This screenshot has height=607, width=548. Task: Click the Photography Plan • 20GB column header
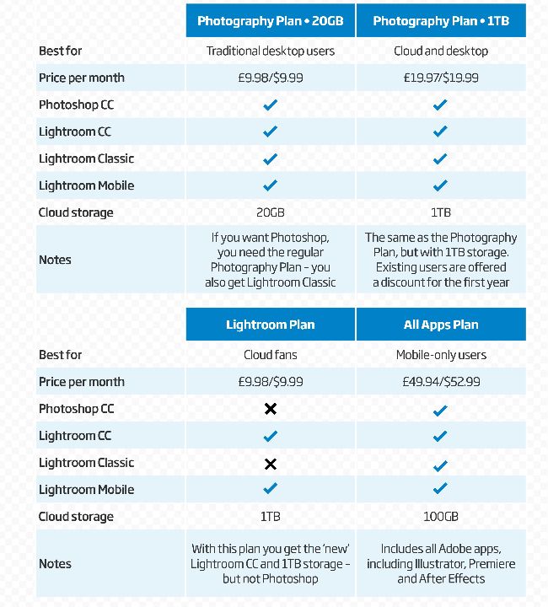[x=271, y=21]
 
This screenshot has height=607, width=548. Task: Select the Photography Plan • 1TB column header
[x=441, y=21]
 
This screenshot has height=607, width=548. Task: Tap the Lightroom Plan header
[x=271, y=325]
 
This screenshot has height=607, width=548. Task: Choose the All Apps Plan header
[x=441, y=325]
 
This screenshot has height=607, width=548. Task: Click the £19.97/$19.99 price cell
[x=441, y=78]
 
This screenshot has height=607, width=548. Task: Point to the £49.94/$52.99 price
[x=441, y=382]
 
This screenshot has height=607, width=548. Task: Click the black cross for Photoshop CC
[x=271, y=409]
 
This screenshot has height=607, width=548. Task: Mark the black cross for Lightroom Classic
[x=271, y=463]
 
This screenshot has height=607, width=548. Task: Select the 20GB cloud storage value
[x=271, y=212]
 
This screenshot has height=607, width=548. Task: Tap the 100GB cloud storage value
[x=441, y=517]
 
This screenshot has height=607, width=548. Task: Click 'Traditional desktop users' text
[x=271, y=51]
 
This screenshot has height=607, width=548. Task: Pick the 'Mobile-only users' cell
[x=441, y=355]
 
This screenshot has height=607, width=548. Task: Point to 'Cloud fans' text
[x=271, y=355]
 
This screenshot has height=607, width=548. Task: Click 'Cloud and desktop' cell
[x=441, y=51]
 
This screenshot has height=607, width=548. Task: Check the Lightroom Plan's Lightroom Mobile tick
[x=271, y=489]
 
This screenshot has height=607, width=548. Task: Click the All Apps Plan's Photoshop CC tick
[x=441, y=410]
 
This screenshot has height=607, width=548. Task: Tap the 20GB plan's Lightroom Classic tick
[x=271, y=158]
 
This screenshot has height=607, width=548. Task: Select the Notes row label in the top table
[x=55, y=260]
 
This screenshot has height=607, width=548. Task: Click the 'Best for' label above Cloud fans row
[x=61, y=355]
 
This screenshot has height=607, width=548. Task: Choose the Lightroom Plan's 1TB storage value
[x=271, y=517]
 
